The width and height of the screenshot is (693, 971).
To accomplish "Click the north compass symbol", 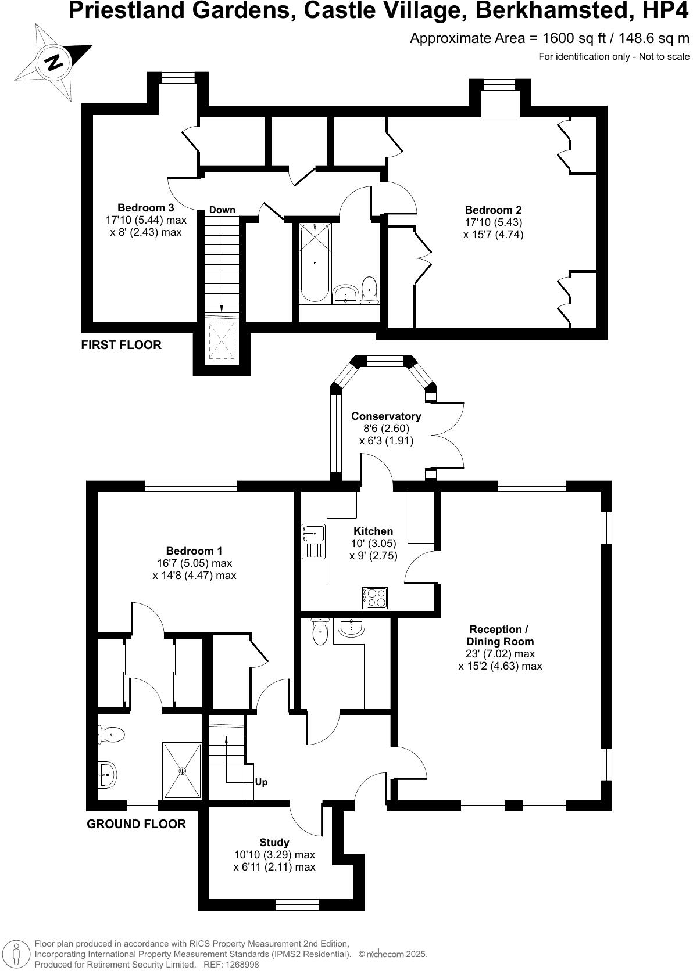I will [53, 62].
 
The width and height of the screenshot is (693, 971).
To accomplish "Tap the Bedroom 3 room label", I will [145, 207].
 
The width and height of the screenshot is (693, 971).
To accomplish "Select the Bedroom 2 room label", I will [493, 210].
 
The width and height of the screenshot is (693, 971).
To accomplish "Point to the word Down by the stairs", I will [222, 210].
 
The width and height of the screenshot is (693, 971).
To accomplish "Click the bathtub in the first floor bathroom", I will [315, 263].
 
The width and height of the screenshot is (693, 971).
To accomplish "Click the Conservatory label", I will [386, 416].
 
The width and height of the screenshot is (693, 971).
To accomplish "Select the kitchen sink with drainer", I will [313, 542].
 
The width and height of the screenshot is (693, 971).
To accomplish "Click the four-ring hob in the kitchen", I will [375, 598].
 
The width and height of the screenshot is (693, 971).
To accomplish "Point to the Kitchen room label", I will [373, 531].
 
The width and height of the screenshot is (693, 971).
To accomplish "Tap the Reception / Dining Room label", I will [499, 635].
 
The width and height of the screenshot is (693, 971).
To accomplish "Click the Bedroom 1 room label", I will [194, 551].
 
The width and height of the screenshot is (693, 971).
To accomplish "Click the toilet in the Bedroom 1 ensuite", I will [112, 735].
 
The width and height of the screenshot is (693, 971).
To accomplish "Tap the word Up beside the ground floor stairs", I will [261, 782].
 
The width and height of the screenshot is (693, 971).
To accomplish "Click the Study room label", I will [274, 842].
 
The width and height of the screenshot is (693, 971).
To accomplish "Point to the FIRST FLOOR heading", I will [121, 345].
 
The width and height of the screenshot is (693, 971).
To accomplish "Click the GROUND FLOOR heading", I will [136, 823].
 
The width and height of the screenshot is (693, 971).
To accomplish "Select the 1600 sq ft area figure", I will [558, 38].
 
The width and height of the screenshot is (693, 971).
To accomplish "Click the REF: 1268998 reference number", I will [238, 964].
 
